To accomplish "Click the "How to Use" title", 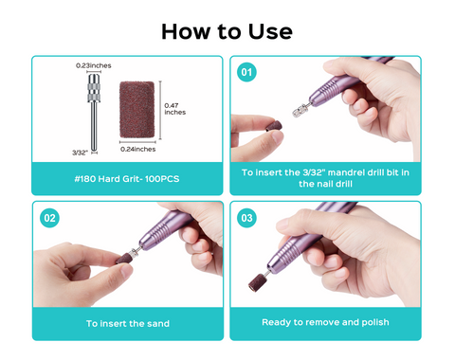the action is coord(227,31).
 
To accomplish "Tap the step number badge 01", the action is coord(246,72).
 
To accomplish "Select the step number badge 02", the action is coord(49,218).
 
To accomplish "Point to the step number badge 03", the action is coord(246,218).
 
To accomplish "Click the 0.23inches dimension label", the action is coord(94,65).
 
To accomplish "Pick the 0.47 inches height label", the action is coord(174,109).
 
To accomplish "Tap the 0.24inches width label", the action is coord(138,149).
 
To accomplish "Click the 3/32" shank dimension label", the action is coord(80,153).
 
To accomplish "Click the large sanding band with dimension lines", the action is coord(136,110).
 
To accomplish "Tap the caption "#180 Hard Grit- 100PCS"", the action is coord(127,179).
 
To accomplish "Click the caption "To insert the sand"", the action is coord(128,324).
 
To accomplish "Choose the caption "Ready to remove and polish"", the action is coord(325,322).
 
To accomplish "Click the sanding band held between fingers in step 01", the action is coord(274,126).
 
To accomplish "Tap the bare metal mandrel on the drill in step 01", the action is coord(300,110).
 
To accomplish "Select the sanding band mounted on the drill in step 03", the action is coord(257,282).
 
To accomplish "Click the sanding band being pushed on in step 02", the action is coord(124,258).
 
